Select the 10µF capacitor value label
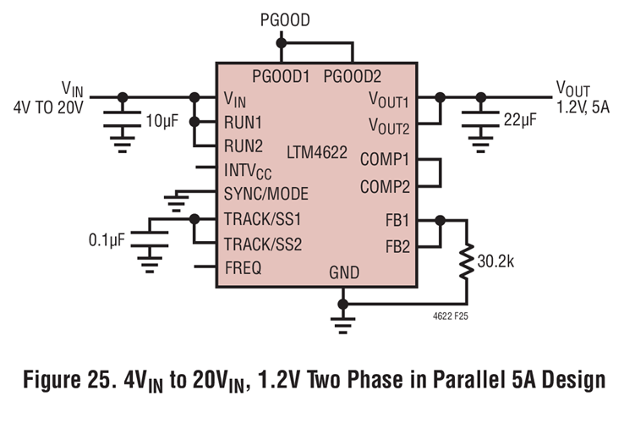pos(163,122)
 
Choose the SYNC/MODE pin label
pos(266,195)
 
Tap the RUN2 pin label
pos(244,146)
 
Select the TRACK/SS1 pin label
pos(263,219)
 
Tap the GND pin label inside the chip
pos(342,272)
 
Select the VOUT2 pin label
pos(388,127)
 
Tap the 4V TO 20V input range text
pos(47,107)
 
